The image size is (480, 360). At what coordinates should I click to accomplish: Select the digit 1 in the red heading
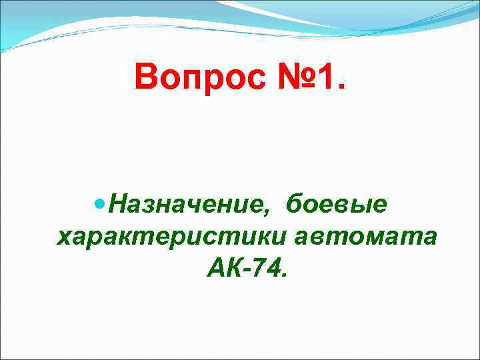click(325, 79)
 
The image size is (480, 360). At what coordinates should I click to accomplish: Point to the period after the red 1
click(342, 89)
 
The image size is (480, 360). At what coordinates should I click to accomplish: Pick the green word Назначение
click(186, 204)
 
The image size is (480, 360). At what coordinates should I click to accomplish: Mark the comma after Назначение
click(267, 212)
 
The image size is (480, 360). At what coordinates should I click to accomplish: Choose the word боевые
click(336, 204)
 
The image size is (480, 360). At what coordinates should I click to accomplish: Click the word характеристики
click(169, 237)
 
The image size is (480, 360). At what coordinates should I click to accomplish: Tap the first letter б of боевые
click(294, 203)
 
